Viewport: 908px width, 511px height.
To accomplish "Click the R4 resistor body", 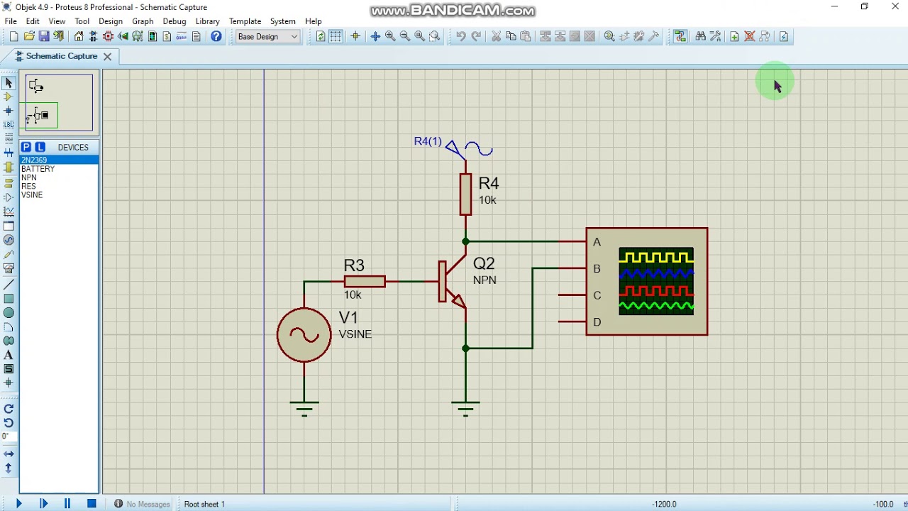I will [x=465, y=194].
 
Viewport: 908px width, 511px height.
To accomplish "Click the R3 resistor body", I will [x=365, y=282].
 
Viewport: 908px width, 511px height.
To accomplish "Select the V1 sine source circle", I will [x=304, y=335].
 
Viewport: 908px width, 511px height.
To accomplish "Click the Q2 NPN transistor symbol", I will [x=451, y=282].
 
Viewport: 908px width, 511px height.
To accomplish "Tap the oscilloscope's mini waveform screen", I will [x=656, y=281].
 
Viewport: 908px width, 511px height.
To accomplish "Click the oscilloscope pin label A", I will [x=597, y=242].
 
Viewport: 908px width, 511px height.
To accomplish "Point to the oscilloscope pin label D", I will [x=597, y=322].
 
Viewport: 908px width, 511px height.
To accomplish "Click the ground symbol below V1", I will [x=304, y=407].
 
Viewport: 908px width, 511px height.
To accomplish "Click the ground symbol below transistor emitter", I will [x=465, y=407].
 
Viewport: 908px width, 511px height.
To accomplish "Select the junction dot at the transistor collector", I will [x=465, y=242].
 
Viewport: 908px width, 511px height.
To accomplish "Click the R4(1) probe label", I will [x=428, y=141].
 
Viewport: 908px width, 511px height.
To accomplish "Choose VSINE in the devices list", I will [x=32, y=195].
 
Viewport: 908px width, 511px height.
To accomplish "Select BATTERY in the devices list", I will [x=38, y=169].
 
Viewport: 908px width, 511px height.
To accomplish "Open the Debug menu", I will [x=174, y=21].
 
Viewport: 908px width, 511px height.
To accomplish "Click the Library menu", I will [x=207, y=21].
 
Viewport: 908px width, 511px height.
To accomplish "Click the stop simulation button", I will [x=92, y=503].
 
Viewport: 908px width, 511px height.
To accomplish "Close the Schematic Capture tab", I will [x=107, y=56].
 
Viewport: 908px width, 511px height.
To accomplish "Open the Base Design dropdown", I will [x=268, y=37].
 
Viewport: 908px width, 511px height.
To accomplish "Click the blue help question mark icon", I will [x=216, y=37].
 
